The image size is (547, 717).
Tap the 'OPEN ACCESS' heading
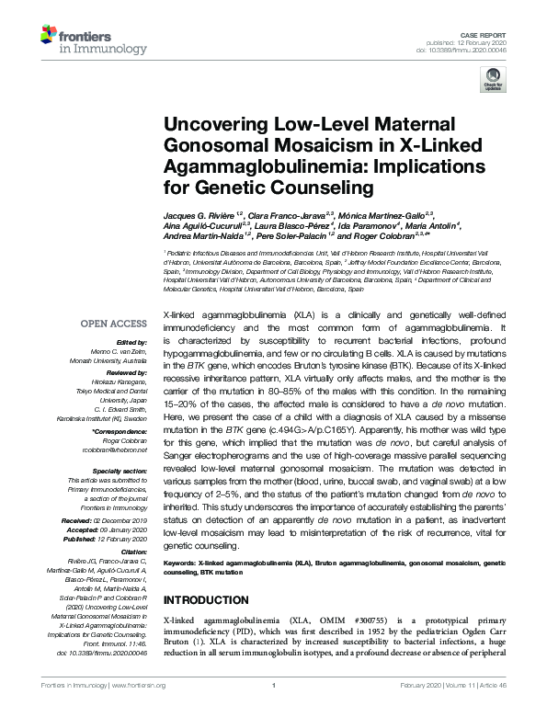pos(114,324)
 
